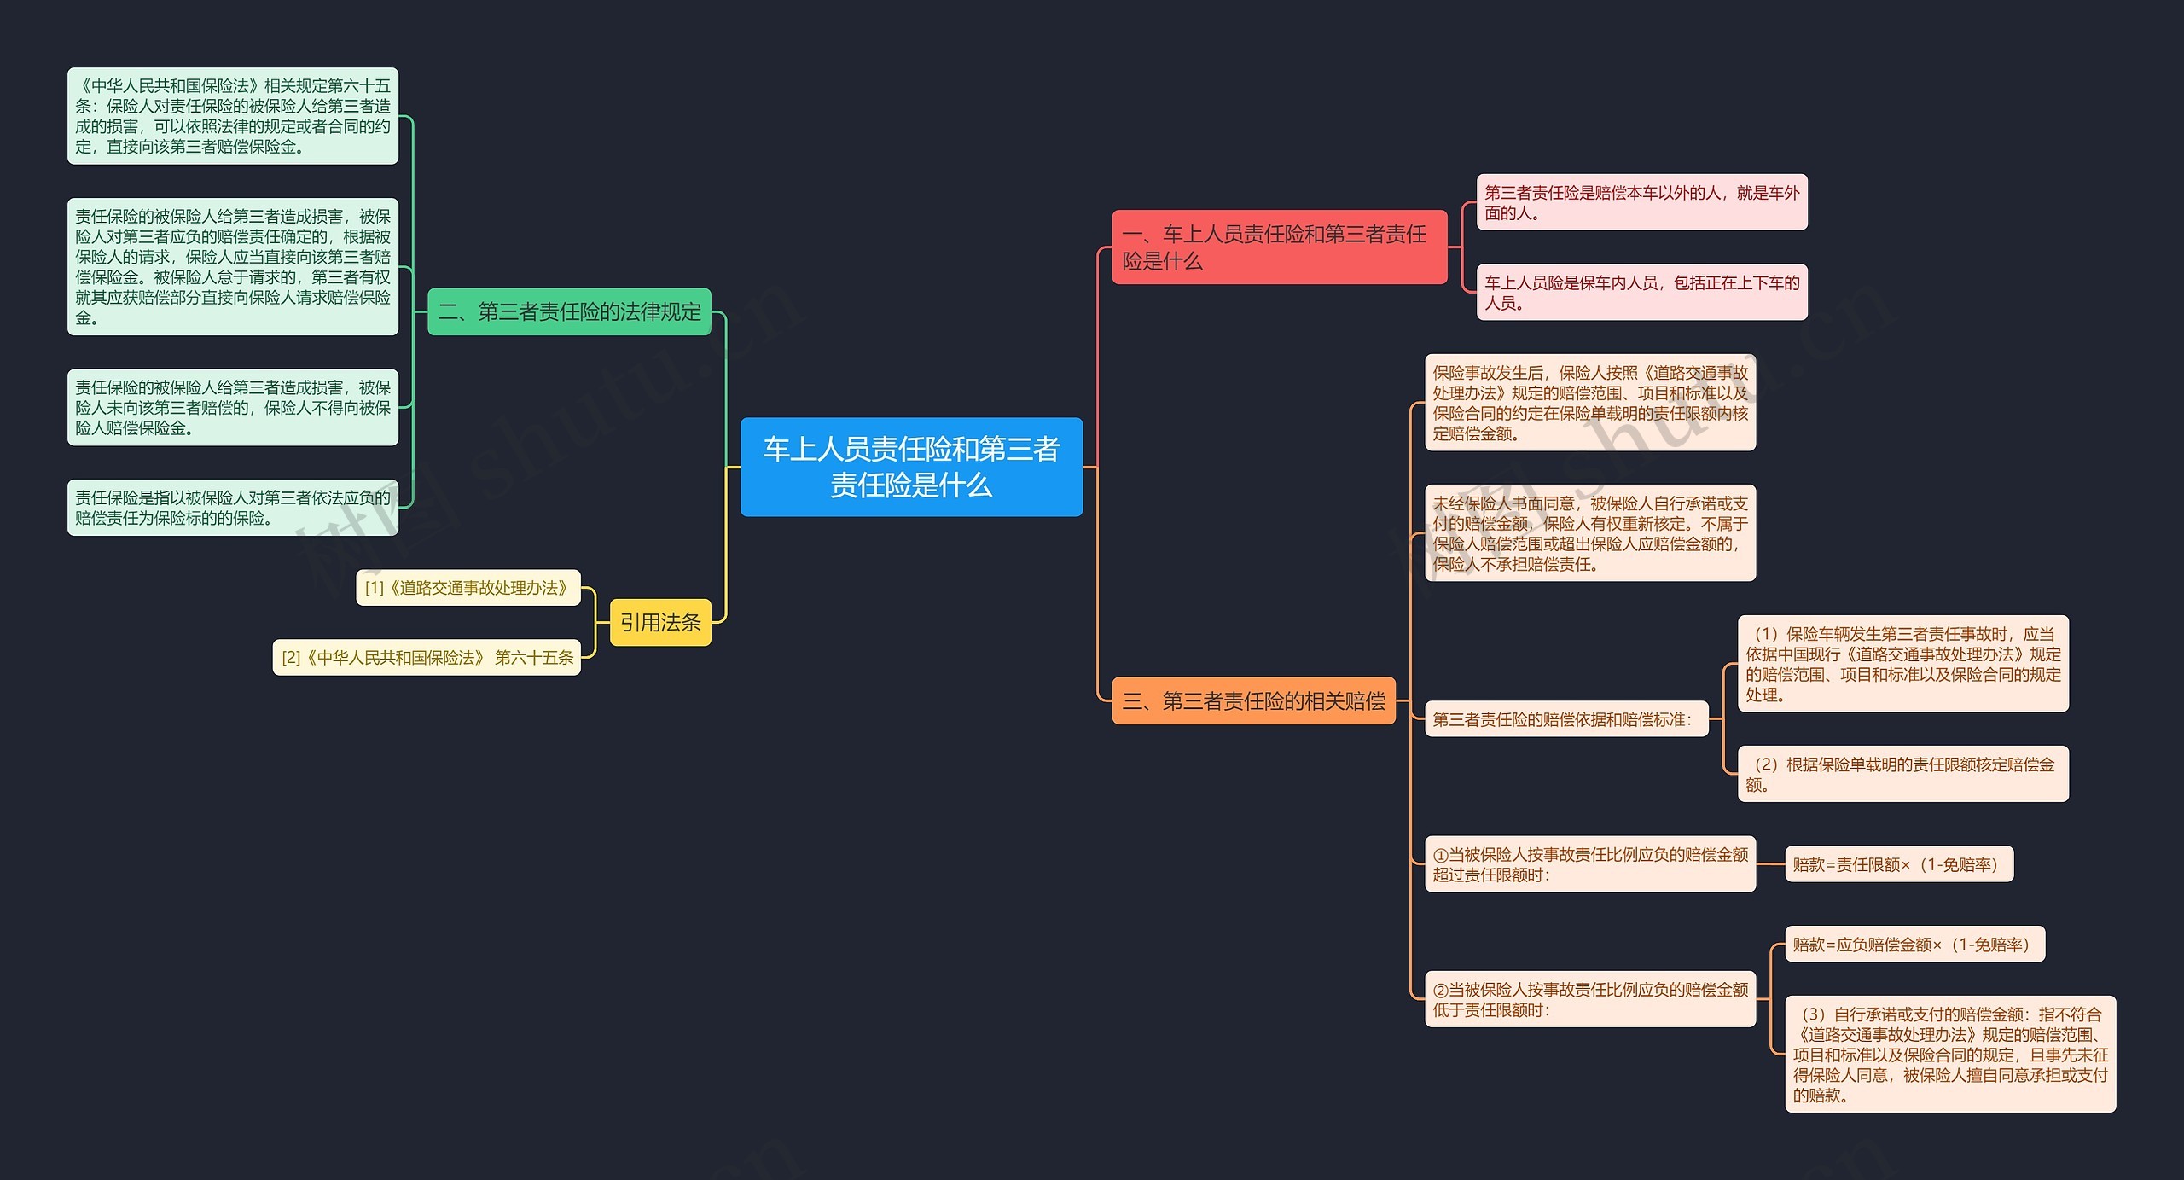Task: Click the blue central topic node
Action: tap(911, 467)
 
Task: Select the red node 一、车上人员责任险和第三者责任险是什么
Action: tap(1279, 247)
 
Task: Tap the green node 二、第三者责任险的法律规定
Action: tap(569, 311)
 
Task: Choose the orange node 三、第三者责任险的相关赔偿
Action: tap(1253, 700)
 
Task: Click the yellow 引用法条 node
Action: tap(660, 622)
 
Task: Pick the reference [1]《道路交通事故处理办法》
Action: tap(468, 587)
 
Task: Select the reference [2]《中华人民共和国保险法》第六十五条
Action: tap(427, 657)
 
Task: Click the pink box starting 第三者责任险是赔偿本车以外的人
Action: tap(1641, 202)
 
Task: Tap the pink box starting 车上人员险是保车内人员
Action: tap(1641, 292)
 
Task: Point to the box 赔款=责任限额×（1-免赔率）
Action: tap(1899, 863)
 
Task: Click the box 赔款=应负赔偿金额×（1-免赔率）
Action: tap(1914, 944)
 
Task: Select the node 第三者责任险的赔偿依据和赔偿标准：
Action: tap(1566, 718)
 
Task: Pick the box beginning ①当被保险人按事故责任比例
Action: tap(1590, 863)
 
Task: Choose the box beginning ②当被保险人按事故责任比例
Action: tap(1590, 998)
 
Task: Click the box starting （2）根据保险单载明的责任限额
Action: tap(1903, 774)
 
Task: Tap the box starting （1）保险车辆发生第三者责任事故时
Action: tap(1903, 663)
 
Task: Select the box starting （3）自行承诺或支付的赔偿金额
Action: tap(1950, 1054)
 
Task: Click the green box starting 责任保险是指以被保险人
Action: tap(233, 508)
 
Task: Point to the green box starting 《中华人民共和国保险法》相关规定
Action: tap(233, 116)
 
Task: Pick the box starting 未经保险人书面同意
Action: tap(1590, 532)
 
